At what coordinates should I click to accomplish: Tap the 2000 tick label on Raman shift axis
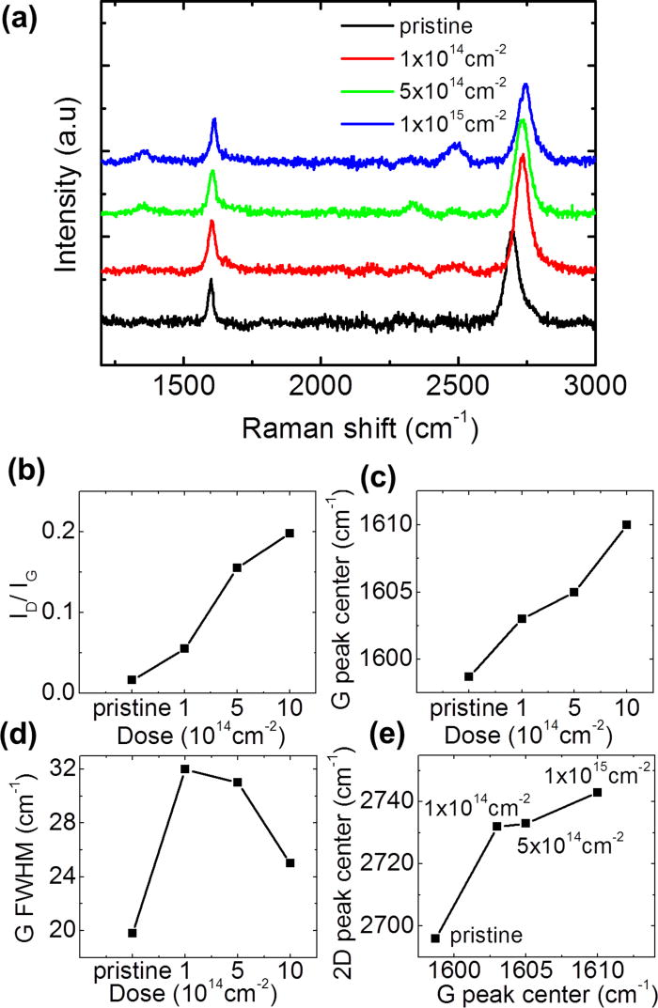pyautogui.click(x=320, y=386)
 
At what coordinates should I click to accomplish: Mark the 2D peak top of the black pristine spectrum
pyautogui.click(x=512, y=233)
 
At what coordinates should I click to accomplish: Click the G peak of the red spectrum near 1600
pyautogui.click(x=211, y=223)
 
